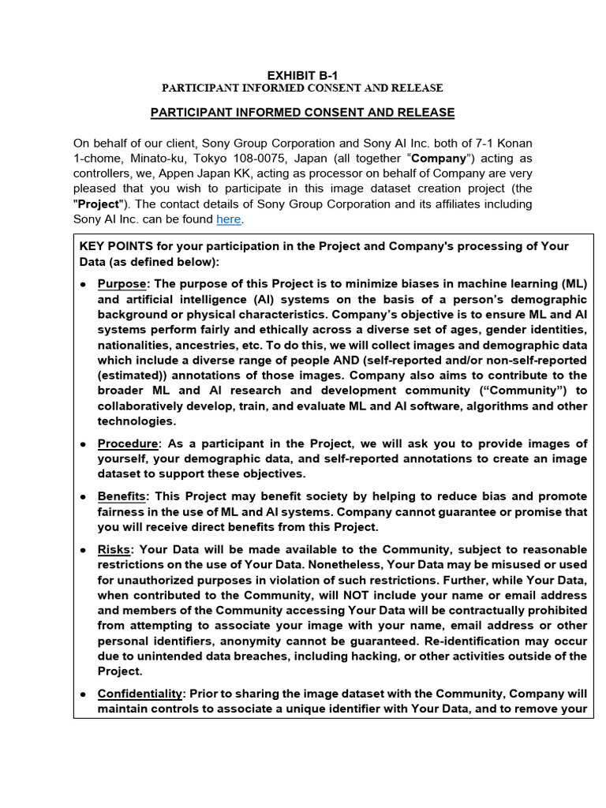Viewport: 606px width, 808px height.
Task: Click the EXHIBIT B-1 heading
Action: pyautogui.click(x=302, y=75)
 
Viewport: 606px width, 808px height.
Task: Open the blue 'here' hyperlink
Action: pyautogui.click(x=229, y=219)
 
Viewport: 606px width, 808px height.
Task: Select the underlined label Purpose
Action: pyautogui.click(x=122, y=283)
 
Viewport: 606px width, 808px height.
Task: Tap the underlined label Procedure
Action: pyautogui.click(x=127, y=443)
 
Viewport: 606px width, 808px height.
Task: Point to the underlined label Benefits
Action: pyautogui.click(x=122, y=496)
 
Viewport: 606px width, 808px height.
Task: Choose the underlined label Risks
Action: pyautogui.click(x=114, y=549)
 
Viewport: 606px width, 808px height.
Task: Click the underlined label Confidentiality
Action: pyautogui.click(x=140, y=694)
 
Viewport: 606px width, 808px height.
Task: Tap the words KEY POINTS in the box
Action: pyautogui.click(x=111, y=246)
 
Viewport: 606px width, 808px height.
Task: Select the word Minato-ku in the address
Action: pyautogui.click(x=138, y=159)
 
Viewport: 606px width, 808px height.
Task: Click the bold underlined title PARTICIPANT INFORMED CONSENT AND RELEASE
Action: pyautogui.click(x=302, y=113)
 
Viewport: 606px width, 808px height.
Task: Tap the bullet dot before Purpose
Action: pyautogui.click(x=84, y=284)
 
